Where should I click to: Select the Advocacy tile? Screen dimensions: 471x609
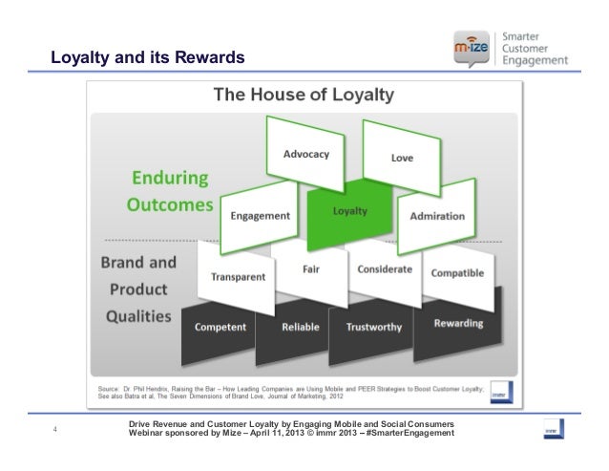(x=305, y=155)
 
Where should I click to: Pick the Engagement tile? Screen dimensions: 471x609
(x=261, y=216)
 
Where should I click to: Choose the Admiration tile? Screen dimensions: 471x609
(x=436, y=217)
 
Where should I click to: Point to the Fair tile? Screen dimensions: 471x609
(x=311, y=269)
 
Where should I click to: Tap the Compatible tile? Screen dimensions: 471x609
(x=457, y=274)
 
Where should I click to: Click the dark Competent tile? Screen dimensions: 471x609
(x=220, y=327)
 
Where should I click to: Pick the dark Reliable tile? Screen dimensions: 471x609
(x=301, y=327)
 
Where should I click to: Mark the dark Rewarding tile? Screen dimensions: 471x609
(x=457, y=323)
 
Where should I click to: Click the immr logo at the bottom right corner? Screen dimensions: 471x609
(x=552, y=428)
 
